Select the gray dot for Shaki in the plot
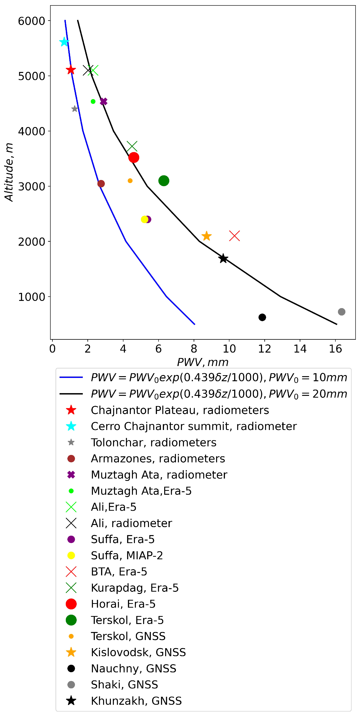341,312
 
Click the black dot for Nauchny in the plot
262,317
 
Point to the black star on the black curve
223,258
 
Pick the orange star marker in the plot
206,236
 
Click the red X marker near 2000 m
234,236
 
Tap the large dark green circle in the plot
164,181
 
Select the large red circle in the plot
134,158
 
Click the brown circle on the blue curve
101,183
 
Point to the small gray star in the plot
75,109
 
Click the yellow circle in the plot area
144,219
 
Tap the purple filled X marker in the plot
103,101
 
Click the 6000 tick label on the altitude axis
31,21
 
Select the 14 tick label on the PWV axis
300,349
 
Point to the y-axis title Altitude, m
9,172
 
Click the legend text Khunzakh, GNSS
136,700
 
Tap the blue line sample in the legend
71,377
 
